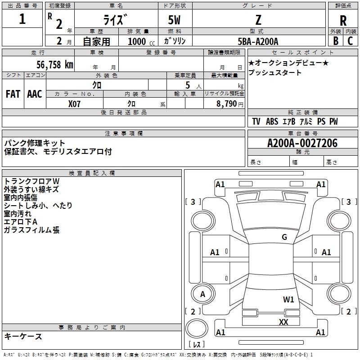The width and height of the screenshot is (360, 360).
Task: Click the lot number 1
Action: (x=22, y=19)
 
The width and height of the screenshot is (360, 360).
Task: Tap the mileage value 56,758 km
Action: (x=49, y=64)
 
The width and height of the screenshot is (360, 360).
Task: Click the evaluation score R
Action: (x=343, y=20)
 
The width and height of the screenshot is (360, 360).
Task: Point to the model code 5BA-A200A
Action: (x=258, y=41)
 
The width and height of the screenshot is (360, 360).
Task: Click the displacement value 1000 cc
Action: (x=141, y=41)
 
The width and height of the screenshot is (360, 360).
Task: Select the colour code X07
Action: (x=75, y=103)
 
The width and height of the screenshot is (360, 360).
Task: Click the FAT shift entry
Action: (x=13, y=94)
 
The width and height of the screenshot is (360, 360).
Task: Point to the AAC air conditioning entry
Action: (x=35, y=94)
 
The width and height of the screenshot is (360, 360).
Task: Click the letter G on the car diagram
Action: (x=284, y=237)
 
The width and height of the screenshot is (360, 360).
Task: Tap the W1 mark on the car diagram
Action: (x=288, y=299)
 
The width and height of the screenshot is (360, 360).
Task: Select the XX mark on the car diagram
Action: (x=283, y=322)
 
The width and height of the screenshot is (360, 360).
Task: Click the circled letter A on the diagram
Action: (x=202, y=294)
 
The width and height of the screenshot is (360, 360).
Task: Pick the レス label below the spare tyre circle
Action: (x=197, y=345)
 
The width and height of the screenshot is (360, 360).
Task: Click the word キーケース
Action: (x=23, y=336)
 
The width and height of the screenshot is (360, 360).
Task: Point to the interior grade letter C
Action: (x=350, y=40)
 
